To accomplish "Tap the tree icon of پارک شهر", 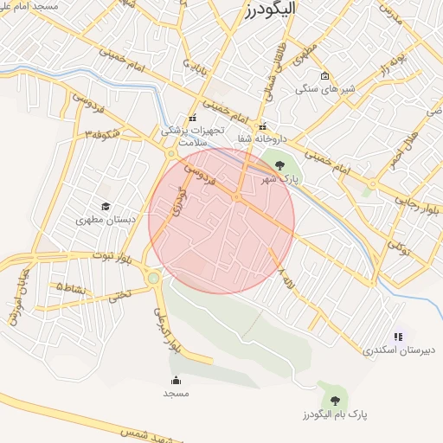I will coord(278,164).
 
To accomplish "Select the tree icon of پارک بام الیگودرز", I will coord(335,400).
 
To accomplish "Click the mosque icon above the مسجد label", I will coord(177,380).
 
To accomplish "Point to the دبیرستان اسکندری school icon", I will coord(398,337).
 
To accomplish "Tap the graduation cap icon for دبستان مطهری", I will coord(106,206).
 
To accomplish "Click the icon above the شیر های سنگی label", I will coord(324,75).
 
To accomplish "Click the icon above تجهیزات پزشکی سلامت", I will coord(193,118).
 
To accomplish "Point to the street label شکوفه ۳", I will coord(95,134).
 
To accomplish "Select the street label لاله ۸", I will coord(281,278).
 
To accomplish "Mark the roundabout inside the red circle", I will coord(236,198).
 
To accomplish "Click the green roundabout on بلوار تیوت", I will coord(154,278).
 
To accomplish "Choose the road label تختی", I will coord(122,294).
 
